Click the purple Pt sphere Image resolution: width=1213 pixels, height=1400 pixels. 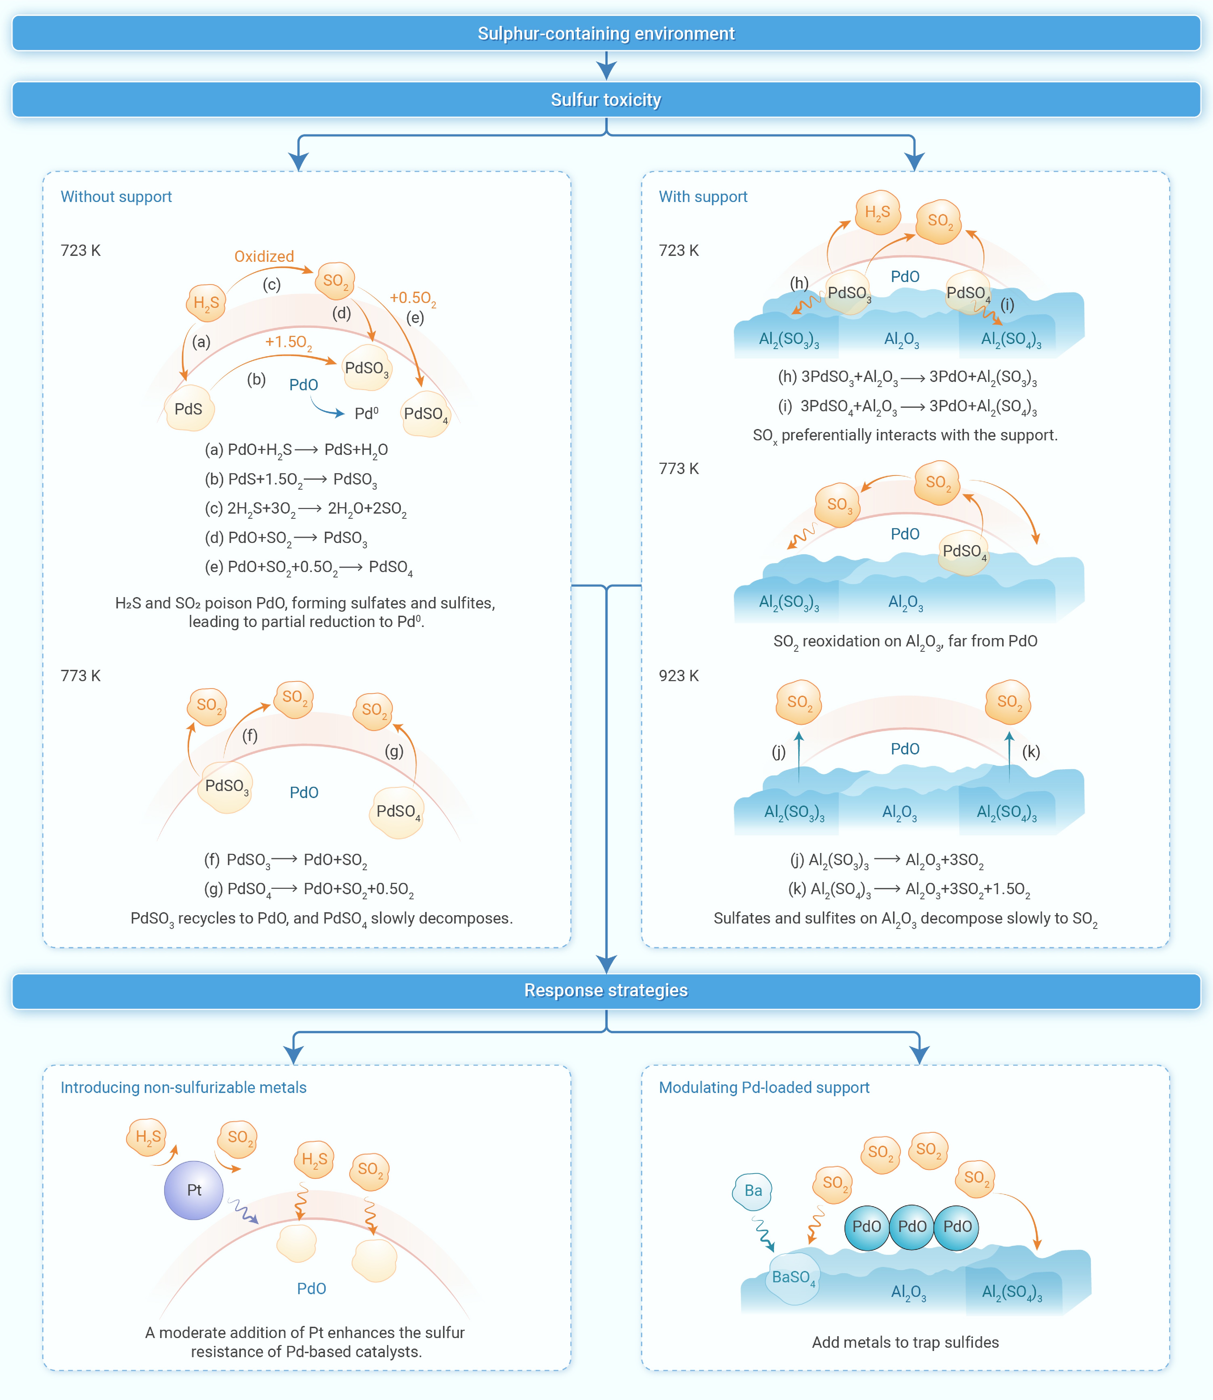[194, 1190]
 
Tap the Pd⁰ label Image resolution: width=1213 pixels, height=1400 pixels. [366, 413]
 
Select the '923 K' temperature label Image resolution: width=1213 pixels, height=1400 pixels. [679, 676]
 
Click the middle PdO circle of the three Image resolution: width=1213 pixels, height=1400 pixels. [912, 1227]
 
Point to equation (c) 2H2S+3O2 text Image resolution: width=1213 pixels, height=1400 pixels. [306, 509]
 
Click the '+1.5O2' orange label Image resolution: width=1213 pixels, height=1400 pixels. [288, 343]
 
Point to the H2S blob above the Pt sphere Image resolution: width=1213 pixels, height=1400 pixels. [147, 1137]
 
